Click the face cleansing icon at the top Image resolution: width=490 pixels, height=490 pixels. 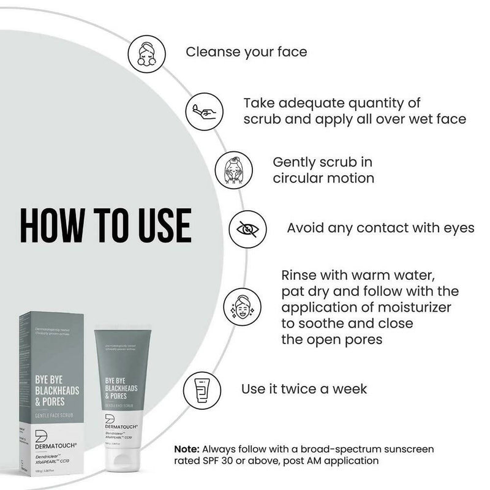147,51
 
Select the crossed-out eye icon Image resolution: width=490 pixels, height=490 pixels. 248,228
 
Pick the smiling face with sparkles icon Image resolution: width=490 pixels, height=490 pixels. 238,304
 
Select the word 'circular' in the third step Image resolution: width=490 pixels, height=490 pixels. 289,178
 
